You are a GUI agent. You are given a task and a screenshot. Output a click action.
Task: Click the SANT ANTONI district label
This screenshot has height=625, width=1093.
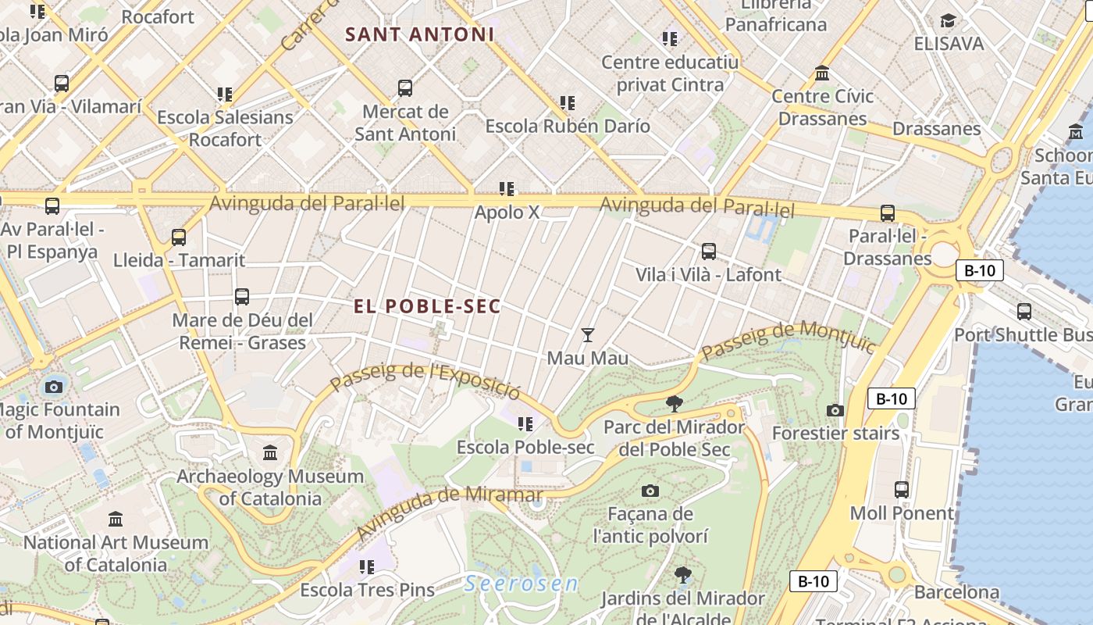(x=420, y=34)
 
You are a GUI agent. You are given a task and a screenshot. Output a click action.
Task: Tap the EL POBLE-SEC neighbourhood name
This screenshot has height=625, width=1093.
(x=427, y=306)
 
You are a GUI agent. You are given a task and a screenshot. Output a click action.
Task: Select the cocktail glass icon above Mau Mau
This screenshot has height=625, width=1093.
(x=588, y=335)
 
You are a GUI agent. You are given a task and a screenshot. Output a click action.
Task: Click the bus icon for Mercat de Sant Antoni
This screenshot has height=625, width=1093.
(x=404, y=88)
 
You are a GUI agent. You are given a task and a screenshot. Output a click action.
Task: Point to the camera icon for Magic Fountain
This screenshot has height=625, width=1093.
(x=54, y=387)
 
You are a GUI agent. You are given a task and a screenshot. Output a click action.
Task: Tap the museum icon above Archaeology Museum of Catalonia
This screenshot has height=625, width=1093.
(x=270, y=453)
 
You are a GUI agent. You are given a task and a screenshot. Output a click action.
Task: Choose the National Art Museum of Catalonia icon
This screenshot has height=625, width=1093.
(x=116, y=519)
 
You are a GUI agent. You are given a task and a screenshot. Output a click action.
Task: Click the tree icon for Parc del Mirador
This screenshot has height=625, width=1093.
(x=674, y=404)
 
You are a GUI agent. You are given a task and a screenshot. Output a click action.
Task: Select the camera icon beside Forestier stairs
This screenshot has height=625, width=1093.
(x=835, y=410)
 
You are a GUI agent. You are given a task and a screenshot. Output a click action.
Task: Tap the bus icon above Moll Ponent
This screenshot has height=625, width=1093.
(x=902, y=490)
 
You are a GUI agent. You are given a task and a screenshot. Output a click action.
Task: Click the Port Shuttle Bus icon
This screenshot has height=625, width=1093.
(x=1024, y=312)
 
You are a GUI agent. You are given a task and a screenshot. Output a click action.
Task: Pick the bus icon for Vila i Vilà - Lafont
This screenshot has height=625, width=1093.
(x=708, y=252)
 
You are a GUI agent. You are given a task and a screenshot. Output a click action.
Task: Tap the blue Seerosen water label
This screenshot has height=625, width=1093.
(x=522, y=584)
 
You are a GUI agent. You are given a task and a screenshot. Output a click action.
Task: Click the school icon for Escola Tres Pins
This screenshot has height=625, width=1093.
(x=367, y=566)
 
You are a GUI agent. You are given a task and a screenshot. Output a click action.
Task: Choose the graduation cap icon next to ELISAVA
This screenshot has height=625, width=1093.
(x=948, y=20)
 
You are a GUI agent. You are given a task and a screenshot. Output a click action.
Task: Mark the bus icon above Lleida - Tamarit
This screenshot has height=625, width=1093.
(x=179, y=237)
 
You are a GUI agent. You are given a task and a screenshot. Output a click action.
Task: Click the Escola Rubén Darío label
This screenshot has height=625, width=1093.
(x=568, y=126)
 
